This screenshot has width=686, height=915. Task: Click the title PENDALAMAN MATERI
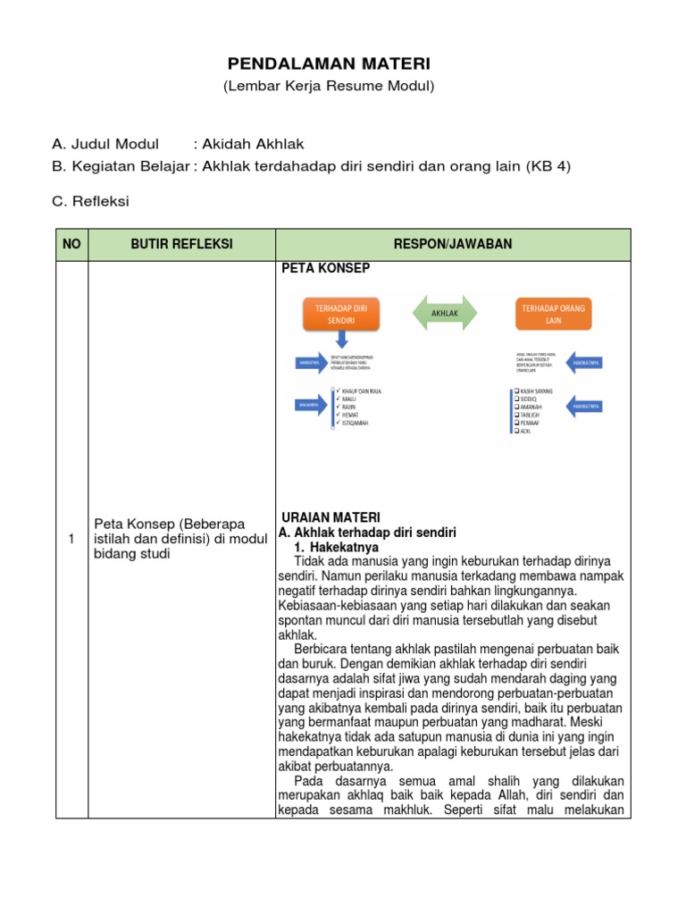click(x=329, y=63)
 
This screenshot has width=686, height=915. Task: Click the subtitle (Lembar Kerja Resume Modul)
click(x=329, y=86)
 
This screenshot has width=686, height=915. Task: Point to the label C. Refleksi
click(x=90, y=201)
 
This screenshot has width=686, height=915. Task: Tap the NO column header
click(x=71, y=244)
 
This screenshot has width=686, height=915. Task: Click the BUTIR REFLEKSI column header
click(x=181, y=244)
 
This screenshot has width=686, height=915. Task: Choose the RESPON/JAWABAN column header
click(x=453, y=244)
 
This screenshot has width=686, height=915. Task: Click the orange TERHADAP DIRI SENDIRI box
click(x=340, y=312)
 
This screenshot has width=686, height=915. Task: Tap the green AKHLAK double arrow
click(x=444, y=312)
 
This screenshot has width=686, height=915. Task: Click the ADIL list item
click(x=524, y=431)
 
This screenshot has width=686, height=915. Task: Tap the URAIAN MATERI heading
click(x=330, y=517)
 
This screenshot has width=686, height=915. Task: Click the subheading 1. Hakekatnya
click(x=338, y=546)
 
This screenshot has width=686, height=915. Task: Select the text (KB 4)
click(x=548, y=166)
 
